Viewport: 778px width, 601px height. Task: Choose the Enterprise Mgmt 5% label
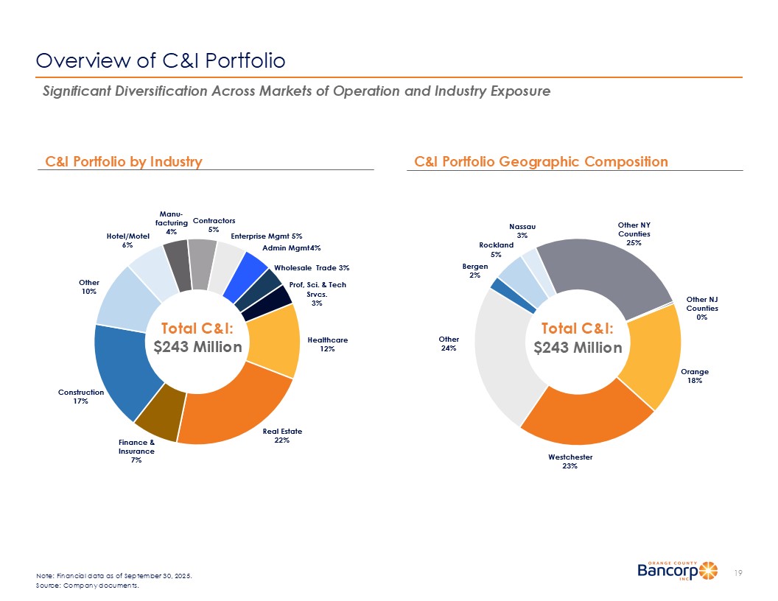[x=267, y=236]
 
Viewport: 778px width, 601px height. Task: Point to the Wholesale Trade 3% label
[x=312, y=267]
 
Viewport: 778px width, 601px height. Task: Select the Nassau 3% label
[x=522, y=231]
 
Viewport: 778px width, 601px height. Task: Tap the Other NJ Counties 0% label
[x=702, y=308]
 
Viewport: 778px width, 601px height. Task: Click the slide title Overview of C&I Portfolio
[x=161, y=60]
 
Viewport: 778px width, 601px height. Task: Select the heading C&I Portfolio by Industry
[x=124, y=161]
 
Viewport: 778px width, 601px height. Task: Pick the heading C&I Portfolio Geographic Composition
[x=542, y=161]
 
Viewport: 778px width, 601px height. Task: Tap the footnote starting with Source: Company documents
[x=87, y=587]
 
